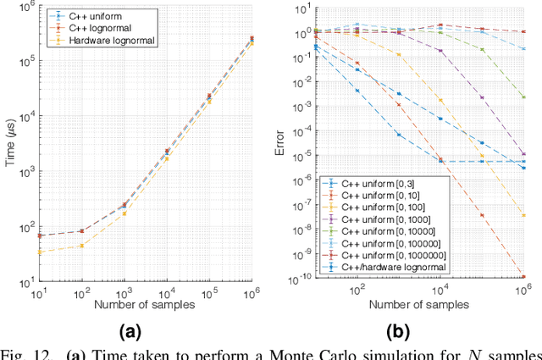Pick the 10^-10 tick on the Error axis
(300, 278)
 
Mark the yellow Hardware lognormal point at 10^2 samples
(81, 246)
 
